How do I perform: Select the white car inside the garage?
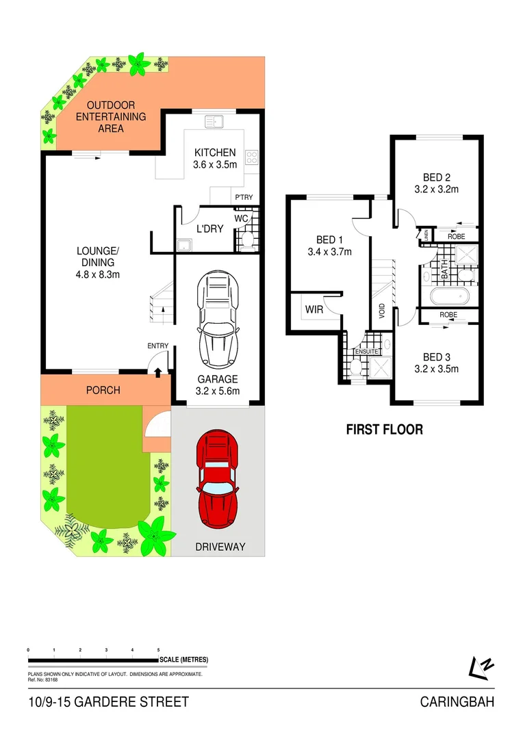coord(218,321)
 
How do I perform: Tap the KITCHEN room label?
coord(215,153)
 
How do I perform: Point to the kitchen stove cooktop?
coord(251,158)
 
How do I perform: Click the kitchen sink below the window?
coord(214,122)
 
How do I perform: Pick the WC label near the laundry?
coord(241,218)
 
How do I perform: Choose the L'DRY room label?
coord(209,229)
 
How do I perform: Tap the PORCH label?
coord(103,390)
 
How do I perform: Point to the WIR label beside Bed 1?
coord(314,310)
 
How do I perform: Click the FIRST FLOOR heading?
coord(384,430)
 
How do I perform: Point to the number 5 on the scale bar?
coord(158,649)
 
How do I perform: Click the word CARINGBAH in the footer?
coord(457,702)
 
